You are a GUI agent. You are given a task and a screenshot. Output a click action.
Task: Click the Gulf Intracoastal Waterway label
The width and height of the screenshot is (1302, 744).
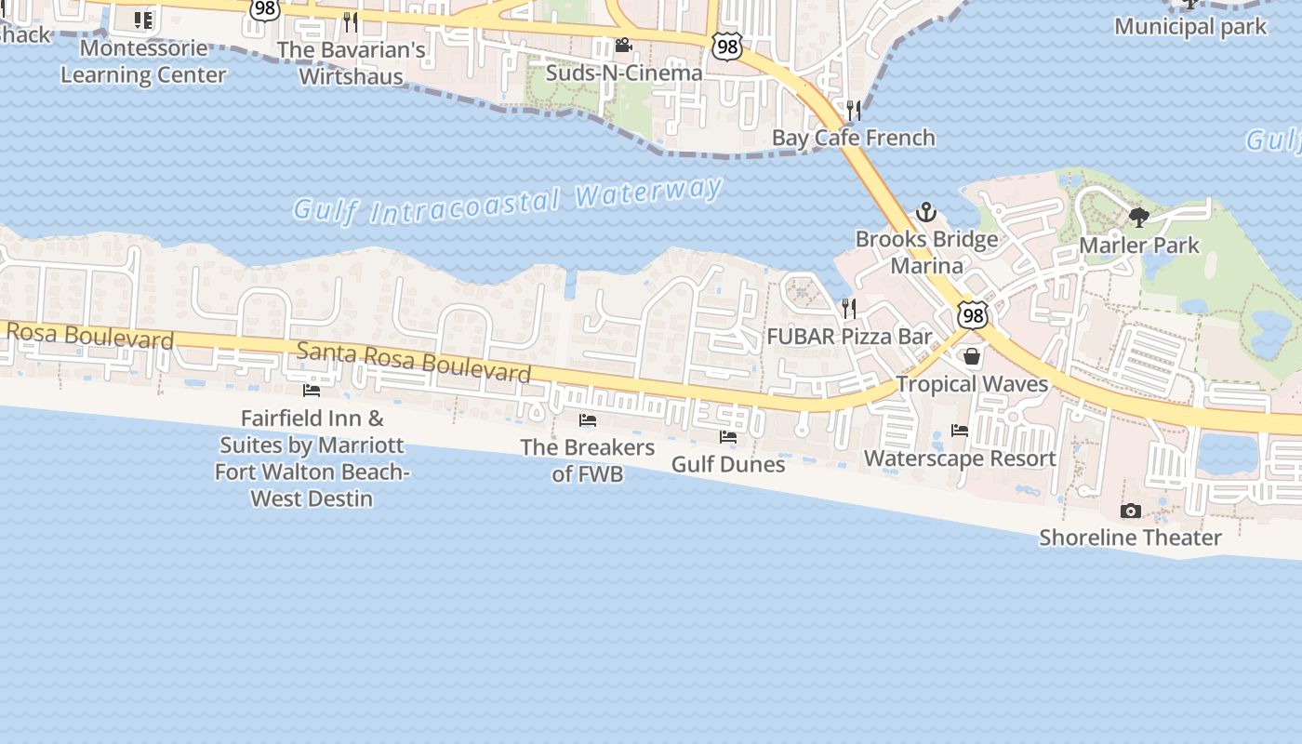coord(508,201)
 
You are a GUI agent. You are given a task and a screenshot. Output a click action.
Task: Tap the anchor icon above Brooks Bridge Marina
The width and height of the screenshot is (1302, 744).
coord(925,212)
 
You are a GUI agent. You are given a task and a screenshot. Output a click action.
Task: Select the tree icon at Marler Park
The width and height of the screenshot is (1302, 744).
coord(1138,218)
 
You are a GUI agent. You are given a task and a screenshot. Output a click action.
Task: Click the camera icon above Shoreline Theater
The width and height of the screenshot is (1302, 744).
coord(1130,511)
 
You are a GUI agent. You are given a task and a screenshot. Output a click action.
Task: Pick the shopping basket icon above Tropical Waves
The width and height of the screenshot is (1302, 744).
coord(972,356)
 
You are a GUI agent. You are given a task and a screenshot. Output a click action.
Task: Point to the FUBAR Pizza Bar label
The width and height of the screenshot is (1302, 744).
coord(849,337)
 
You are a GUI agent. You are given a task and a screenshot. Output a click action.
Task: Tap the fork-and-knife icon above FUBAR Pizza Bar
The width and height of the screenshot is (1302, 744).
coord(848,308)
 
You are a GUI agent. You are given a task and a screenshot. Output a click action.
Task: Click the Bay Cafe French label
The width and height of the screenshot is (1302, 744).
coord(853,138)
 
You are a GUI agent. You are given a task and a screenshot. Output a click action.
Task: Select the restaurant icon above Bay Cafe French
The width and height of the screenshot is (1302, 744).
coord(853,111)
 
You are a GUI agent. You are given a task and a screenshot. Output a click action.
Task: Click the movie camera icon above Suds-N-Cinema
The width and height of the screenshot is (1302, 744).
coord(623,46)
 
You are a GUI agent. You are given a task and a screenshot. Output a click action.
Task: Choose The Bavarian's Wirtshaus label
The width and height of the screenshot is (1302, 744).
coord(351,62)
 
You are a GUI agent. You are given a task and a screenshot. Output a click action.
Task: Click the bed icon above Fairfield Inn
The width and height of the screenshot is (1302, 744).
coord(312,391)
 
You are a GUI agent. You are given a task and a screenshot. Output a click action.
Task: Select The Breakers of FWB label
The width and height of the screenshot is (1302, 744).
coord(588,460)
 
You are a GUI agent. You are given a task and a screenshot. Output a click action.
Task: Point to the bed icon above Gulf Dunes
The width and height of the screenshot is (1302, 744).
coord(727,436)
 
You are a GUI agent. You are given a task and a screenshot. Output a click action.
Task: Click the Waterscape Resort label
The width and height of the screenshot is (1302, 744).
coord(960,458)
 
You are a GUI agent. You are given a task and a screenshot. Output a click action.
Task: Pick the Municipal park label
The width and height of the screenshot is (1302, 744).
coord(1190,26)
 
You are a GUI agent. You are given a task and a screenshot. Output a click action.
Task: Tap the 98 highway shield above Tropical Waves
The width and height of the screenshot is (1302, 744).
coord(973,315)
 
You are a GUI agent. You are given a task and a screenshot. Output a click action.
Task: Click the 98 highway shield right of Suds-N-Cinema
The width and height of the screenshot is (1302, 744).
coord(727,46)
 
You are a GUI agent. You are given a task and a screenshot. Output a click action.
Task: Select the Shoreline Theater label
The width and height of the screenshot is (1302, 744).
coord(1130,538)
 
